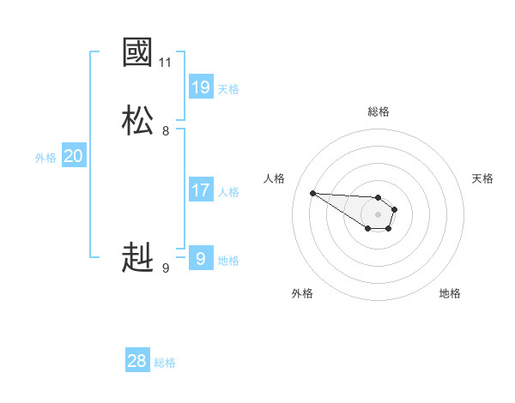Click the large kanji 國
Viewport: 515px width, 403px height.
[x=137, y=53]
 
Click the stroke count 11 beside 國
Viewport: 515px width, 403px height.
[x=165, y=63]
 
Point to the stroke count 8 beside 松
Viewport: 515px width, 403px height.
[x=166, y=131]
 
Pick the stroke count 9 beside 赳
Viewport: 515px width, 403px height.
[x=166, y=268]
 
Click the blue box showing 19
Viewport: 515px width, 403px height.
[x=201, y=87]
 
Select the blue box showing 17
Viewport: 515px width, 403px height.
[x=201, y=190]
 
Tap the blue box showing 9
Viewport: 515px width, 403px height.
[x=201, y=258]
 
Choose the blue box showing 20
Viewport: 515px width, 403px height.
[x=74, y=156]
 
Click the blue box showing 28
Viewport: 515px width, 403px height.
[x=137, y=361]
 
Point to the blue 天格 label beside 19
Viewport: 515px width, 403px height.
[x=228, y=88]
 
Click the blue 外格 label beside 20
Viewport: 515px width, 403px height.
[x=45, y=158]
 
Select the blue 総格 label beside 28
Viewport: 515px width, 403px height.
[x=165, y=363]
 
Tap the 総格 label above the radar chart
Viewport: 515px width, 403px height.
[x=379, y=111]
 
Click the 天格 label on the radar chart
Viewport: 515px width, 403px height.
[x=482, y=178]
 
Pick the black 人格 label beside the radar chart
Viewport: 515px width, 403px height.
[x=274, y=178]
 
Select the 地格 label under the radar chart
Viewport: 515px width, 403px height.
[x=450, y=293]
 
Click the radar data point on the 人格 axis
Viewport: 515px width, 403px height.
[x=312, y=193]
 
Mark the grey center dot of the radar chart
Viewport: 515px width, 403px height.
[x=379, y=214]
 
